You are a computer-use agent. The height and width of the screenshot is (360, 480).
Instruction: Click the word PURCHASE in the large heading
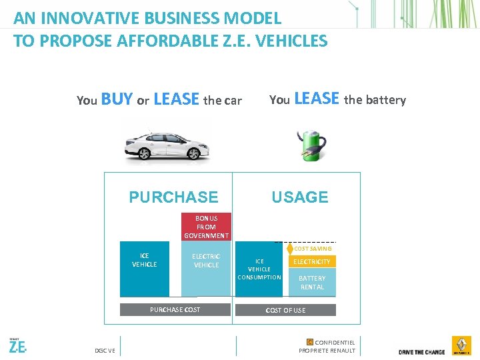click(173, 197)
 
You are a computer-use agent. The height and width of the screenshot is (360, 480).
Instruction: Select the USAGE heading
click(299, 197)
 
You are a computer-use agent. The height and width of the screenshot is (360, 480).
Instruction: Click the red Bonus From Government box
click(206, 227)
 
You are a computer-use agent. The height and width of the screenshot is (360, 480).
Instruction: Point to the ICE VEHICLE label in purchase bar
click(145, 260)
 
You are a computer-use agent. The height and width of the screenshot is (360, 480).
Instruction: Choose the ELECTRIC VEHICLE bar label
click(206, 261)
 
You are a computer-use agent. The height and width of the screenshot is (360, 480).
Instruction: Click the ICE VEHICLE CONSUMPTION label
click(259, 269)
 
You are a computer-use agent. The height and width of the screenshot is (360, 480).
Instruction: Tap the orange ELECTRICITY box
click(312, 262)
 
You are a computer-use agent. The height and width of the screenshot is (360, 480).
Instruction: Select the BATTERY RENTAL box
click(312, 283)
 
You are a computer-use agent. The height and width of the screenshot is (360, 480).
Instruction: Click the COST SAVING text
click(313, 249)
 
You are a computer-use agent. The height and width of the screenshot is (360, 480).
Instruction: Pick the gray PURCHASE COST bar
click(175, 310)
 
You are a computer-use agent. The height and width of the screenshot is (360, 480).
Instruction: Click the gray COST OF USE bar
click(285, 311)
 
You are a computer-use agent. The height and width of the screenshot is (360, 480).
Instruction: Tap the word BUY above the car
click(117, 100)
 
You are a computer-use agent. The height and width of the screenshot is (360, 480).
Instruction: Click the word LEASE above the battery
click(317, 99)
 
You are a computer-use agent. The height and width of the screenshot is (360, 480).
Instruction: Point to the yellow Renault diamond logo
click(461, 346)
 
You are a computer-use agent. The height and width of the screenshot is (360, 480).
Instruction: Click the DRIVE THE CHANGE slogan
click(422, 352)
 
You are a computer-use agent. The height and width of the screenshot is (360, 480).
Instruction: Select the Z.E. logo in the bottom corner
click(18, 347)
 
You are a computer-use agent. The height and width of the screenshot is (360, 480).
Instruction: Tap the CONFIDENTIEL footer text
click(335, 343)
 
